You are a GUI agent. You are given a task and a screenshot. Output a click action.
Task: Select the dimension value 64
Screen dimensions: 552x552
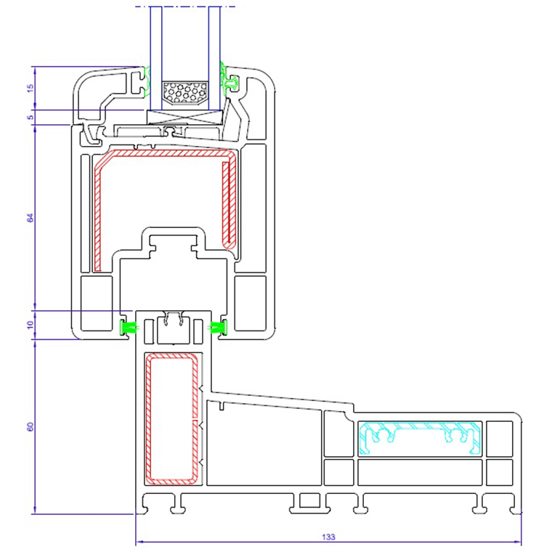30,217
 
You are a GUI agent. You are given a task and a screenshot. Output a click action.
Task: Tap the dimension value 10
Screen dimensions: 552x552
30,325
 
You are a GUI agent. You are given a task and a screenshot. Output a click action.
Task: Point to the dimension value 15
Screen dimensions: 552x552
30,88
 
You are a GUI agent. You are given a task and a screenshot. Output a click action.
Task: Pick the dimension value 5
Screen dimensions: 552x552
30,117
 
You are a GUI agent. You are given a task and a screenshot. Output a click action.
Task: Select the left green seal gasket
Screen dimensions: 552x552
129,327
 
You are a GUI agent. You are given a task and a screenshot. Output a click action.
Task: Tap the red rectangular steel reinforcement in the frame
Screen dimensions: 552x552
174,418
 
